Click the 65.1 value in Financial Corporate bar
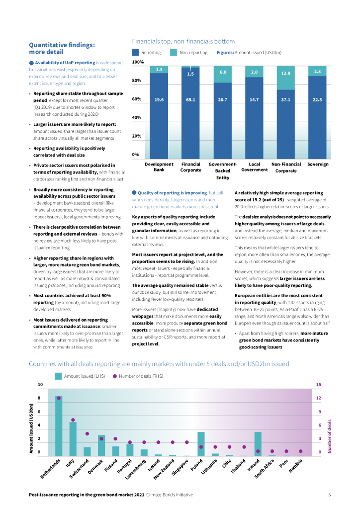point(190,100)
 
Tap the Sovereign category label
point(318,164)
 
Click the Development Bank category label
point(159,167)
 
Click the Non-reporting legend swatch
point(174,52)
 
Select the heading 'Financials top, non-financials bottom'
point(183,41)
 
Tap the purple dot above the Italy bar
point(73,420)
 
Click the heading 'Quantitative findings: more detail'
point(62,48)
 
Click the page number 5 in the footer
point(329,495)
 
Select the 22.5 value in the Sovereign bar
point(318,100)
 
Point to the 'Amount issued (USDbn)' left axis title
point(31,427)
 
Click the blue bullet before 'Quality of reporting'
point(134,192)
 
